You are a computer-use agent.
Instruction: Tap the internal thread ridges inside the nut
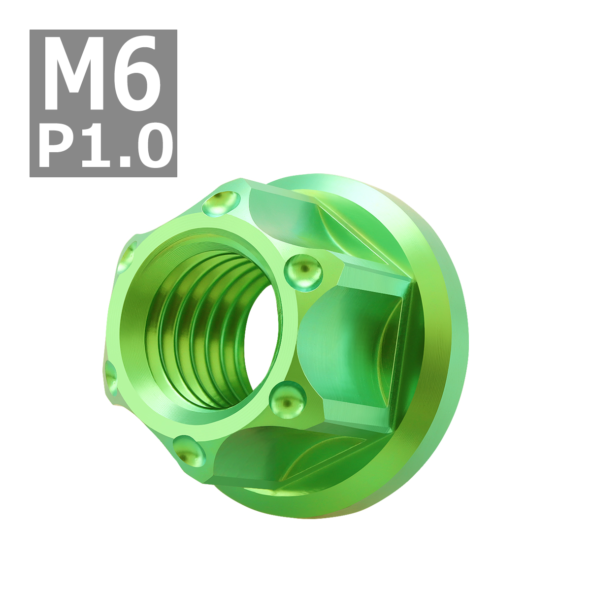click(197, 335)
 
